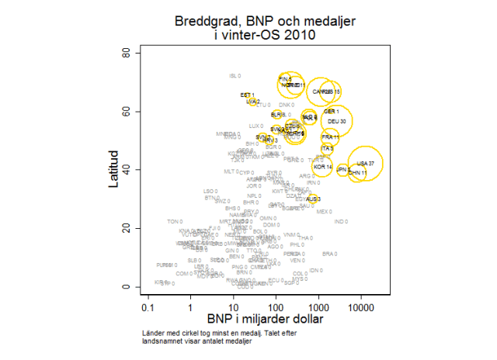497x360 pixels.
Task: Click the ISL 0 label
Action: (x=235, y=76)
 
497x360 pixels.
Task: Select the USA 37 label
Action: (x=365, y=163)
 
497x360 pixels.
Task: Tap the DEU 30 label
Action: (x=337, y=122)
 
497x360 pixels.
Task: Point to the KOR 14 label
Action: (x=322, y=167)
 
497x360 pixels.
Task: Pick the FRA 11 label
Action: (x=331, y=137)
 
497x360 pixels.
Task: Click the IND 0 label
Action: (x=340, y=222)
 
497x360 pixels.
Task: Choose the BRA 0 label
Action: (x=329, y=254)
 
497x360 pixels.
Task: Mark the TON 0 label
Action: (x=174, y=222)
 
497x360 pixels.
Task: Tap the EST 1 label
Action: (x=248, y=95)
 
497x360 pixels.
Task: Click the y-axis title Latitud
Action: (x=113, y=169)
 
